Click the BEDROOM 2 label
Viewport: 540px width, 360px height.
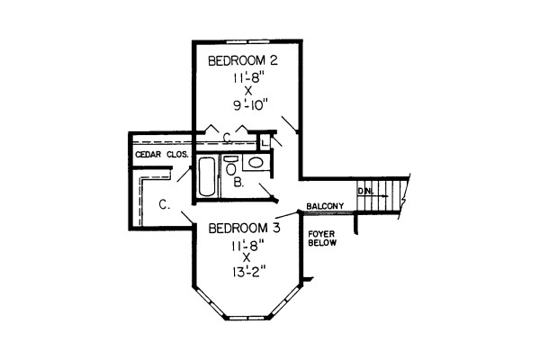(243, 61)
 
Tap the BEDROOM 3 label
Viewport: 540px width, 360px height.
(244, 228)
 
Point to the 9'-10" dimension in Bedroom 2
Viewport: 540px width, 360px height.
(251, 105)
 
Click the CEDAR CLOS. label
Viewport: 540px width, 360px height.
(162, 155)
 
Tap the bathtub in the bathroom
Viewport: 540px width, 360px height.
(208, 176)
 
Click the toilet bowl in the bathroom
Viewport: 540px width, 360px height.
(230, 169)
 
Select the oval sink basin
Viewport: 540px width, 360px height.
(256, 162)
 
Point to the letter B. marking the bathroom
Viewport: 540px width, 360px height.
(238, 182)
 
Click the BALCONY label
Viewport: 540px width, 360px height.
(325, 206)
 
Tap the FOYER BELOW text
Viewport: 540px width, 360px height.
(322, 238)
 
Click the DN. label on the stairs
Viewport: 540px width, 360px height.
(365, 191)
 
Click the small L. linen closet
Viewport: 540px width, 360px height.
(265, 142)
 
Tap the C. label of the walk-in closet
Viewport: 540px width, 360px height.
(165, 204)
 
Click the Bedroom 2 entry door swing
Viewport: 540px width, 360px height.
(289, 125)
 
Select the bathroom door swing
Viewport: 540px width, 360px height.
(268, 193)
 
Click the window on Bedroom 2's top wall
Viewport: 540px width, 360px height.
(248, 41)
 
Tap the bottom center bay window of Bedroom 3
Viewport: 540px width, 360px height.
(247, 318)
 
